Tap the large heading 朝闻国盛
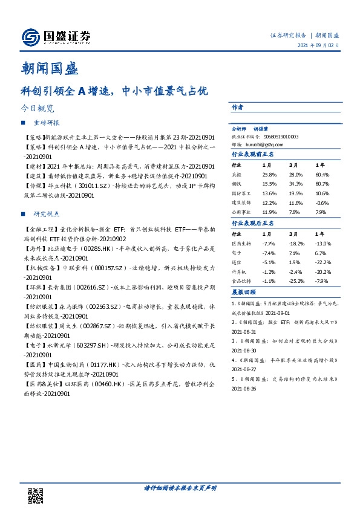pyautogui.click(x=49, y=68)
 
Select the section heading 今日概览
pyautogui.click(x=38, y=109)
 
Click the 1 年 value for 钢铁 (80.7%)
pyautogui.click(x=321, y=183)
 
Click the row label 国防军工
pyautogui.click(x=242, y=193)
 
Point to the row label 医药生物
pyautogui.click(x=242, y=244)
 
